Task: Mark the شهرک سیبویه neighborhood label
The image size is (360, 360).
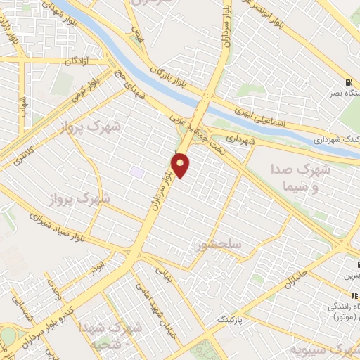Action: click(x=327, y=350)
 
